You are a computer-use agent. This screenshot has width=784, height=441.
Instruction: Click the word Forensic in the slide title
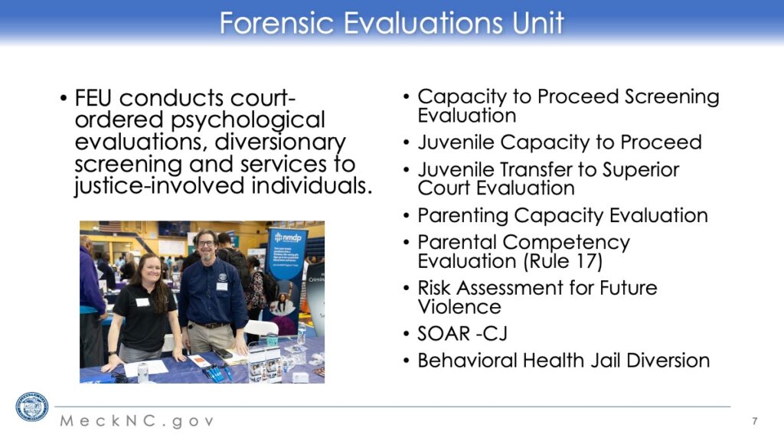[276, 23]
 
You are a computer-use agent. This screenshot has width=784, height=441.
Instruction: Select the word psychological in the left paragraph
[247, 120]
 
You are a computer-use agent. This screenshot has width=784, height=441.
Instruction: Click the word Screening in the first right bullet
[671, 97]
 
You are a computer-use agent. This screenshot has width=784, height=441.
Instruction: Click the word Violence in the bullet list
[459, 307]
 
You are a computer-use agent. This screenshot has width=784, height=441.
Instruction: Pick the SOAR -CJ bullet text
[462, 334]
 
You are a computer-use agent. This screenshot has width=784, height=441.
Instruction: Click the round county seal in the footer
[32, 407]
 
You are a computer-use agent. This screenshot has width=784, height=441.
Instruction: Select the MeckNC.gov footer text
[138, 421]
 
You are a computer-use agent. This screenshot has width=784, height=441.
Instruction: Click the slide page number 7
[754, 421]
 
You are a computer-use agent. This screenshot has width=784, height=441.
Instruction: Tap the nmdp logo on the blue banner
[288, 237]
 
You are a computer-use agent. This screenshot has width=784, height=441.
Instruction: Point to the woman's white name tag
[142, 302]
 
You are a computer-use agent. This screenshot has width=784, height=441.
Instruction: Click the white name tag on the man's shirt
[221, 286]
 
